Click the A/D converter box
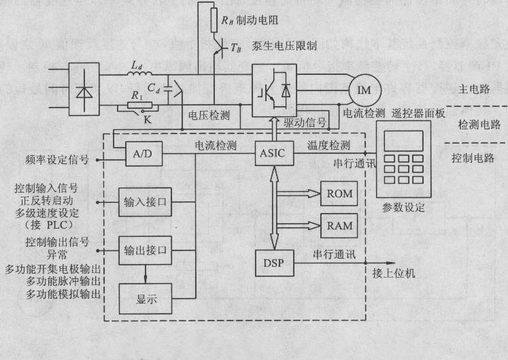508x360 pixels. [x=143, y=155]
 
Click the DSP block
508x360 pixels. [x=275, y=263]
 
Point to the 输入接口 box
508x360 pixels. [x=145, y=202]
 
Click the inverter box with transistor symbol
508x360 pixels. [x=275, y=88]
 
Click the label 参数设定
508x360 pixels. [x=404, y=208]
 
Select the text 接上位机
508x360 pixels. [x=394, y=274]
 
